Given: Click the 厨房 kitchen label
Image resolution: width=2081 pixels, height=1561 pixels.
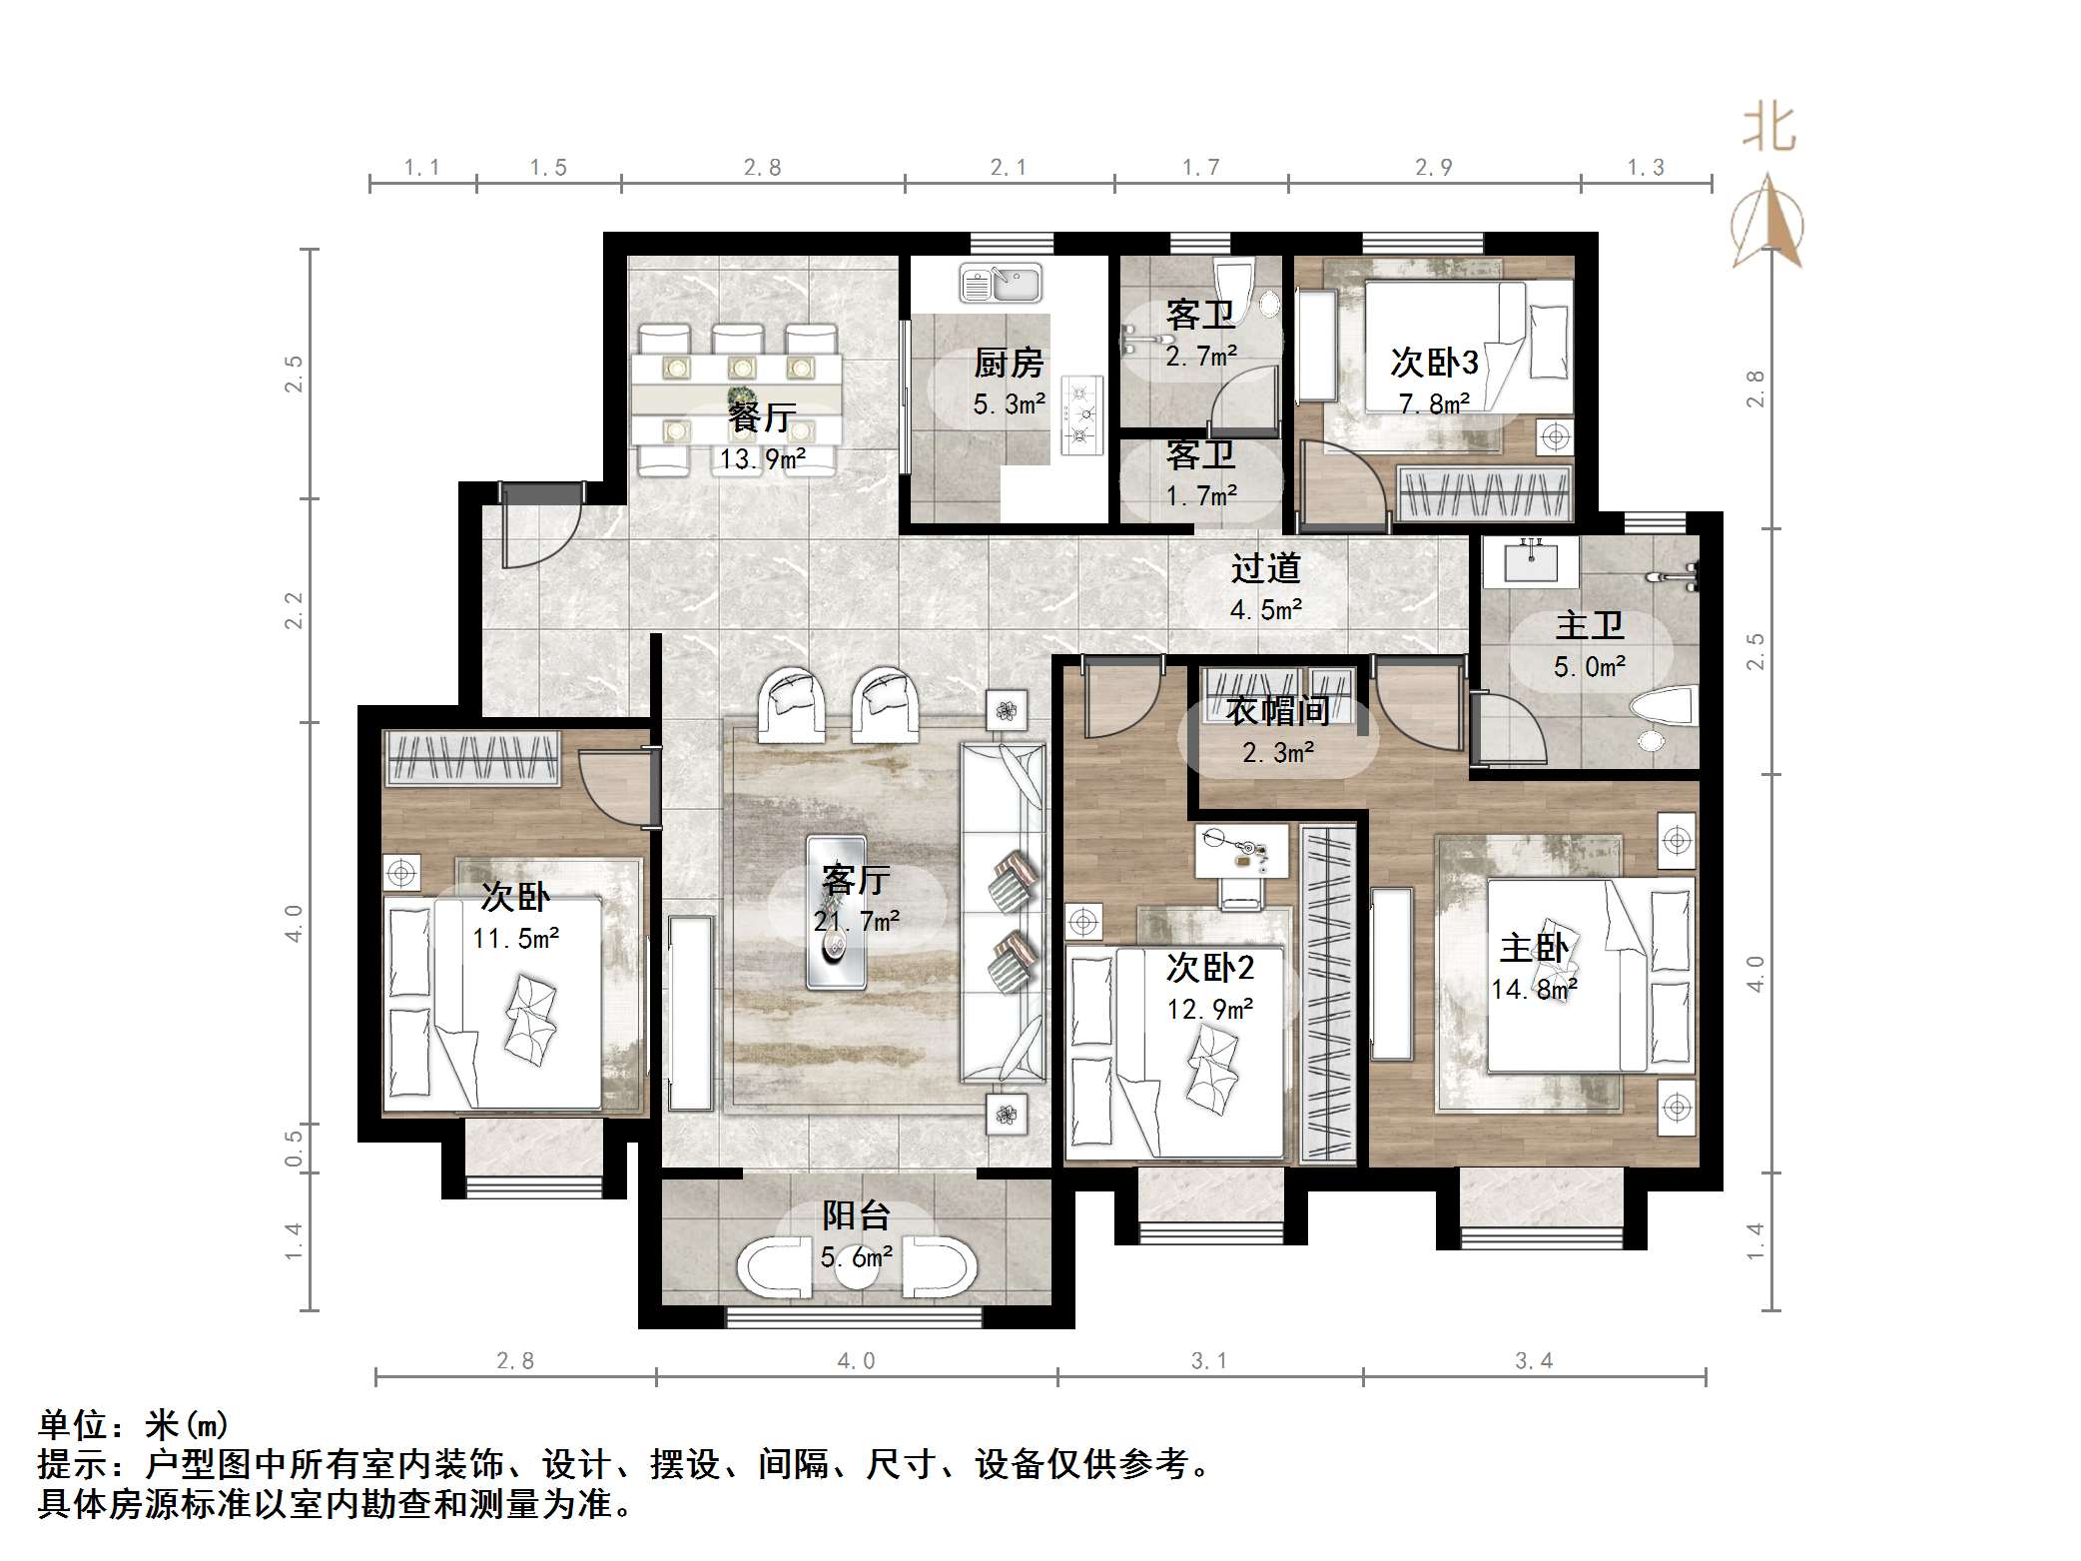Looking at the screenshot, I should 1009,363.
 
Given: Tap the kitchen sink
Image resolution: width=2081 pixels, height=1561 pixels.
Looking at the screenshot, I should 1001,284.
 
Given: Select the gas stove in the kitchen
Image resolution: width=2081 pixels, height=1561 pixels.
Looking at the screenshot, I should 1081,414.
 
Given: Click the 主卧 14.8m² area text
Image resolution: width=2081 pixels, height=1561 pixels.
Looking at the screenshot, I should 1534,989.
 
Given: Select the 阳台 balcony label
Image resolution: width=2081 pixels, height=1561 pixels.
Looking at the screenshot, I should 856,1215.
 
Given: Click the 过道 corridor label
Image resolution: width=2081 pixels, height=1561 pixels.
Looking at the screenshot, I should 1265,568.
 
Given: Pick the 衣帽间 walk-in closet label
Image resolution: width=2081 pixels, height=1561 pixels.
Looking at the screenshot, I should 1277,711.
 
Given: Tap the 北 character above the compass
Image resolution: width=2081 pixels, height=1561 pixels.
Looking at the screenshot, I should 1769,129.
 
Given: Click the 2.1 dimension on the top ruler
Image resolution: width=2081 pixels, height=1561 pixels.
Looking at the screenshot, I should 1009,167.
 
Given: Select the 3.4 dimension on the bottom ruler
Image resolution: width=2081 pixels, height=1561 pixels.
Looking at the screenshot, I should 1534,1360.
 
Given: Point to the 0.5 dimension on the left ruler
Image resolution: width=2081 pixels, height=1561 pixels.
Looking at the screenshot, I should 294,1148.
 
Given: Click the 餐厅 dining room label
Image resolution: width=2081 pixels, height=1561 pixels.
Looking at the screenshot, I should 761,416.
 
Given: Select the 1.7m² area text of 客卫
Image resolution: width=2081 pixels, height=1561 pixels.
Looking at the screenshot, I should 1201,495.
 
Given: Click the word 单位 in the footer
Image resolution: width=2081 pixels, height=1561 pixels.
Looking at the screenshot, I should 72,1424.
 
